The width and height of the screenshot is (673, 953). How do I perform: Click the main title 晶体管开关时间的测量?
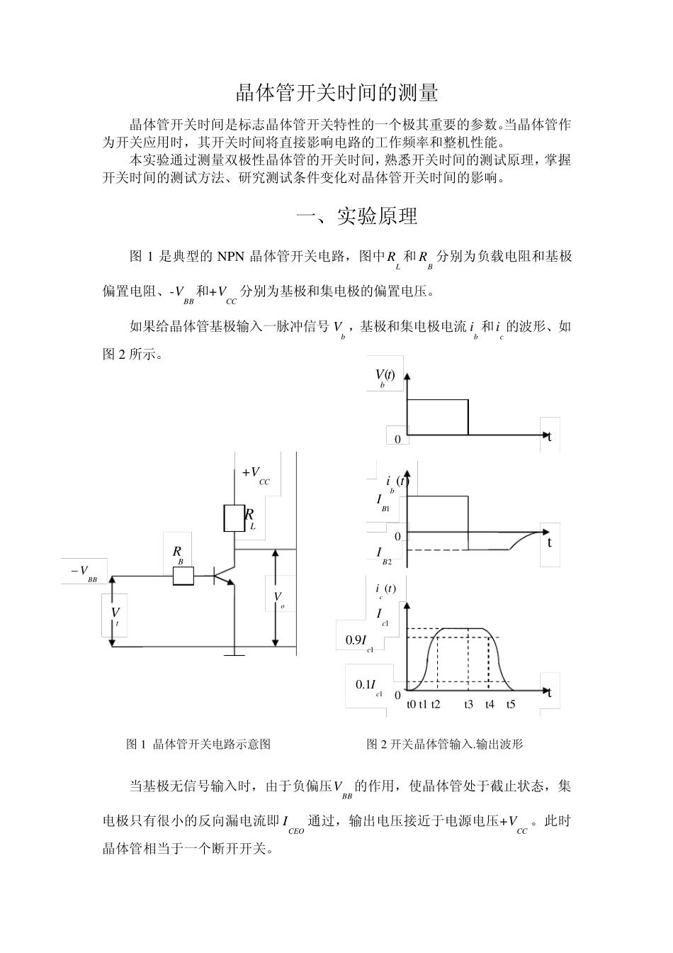click(336, 93)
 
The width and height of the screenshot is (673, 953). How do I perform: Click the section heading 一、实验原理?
click(356, 216)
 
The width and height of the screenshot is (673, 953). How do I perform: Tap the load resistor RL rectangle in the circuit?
click(234, 518)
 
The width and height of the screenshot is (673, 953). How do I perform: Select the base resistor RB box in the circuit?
click(183, 576)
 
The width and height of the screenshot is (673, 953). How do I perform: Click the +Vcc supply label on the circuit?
click(255, 475)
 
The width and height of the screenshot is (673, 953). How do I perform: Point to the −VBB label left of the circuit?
click(84, 572)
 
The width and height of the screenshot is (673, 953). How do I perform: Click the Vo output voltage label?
click(279, 599)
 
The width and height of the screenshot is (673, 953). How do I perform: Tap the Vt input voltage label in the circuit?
click(115, 614)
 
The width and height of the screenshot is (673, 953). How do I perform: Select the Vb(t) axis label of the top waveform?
click(385, 377)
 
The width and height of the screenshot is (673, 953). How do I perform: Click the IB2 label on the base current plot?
click(383, 554)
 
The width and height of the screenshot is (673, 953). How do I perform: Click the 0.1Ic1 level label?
click(368, 686)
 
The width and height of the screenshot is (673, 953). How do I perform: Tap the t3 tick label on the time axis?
click(468, 704)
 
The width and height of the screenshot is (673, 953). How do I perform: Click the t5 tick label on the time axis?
click(511, 704)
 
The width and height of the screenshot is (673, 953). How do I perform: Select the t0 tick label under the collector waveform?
click(412, 704)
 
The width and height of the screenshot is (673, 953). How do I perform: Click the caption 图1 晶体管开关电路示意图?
click(198, 744)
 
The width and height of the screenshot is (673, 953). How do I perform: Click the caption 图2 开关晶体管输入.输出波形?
click(444, 744)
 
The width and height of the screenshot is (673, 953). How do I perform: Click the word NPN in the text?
click(231, 256)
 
